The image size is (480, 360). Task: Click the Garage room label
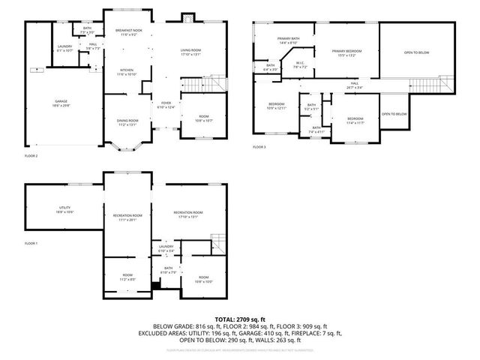(61, 102)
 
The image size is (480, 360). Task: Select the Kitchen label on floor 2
(127, 72)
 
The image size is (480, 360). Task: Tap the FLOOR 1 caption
(31, 244)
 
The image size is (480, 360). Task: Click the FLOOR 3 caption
(259, 147)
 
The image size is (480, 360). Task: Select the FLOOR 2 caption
(31, 156)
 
